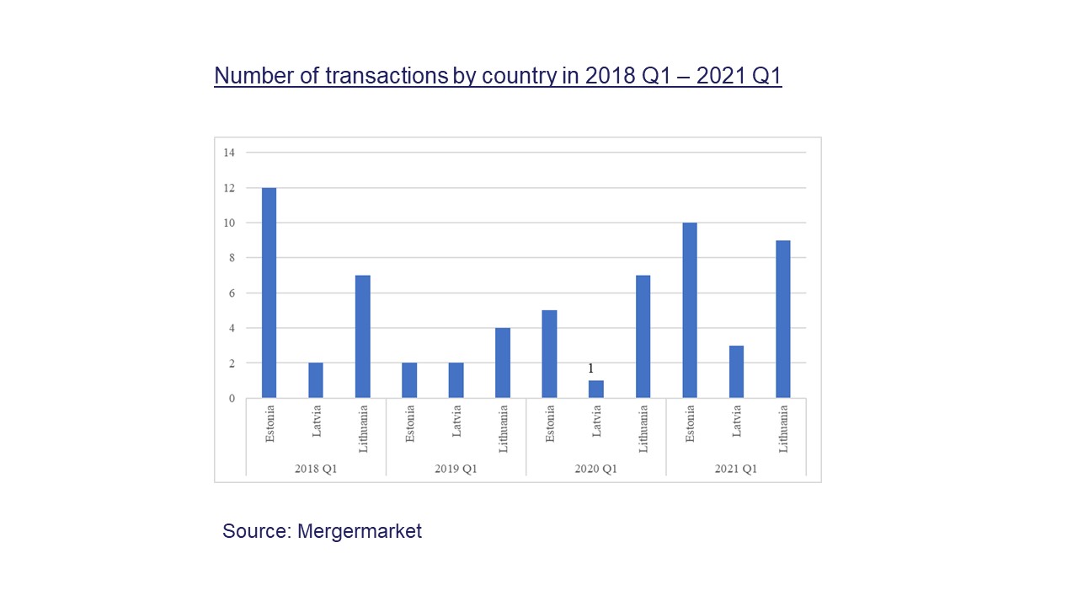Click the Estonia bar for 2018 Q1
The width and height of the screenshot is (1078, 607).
click(269, 293)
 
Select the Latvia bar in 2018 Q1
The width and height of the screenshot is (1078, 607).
click(316, 380)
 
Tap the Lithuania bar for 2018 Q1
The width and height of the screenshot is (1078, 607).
click(363, 336)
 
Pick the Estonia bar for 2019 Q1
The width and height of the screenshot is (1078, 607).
click(409, 380)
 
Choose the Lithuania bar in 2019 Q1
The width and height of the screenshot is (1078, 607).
click(503, 363)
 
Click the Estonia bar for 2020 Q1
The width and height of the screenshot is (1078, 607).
click(549, 354)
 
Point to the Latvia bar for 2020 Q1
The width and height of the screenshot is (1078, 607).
click(596, 389)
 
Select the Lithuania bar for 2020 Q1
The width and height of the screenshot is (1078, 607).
click(643, 336)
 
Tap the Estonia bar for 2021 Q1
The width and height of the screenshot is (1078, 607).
click(690, 310)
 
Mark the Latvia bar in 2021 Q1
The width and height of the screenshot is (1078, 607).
click(737, 372)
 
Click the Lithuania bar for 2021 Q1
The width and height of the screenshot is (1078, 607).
click(783, 319)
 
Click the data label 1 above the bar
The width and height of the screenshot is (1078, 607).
click(591, 368)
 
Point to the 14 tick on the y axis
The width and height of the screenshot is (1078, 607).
click(229, 153)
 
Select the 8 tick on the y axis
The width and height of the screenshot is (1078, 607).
click(229, 258)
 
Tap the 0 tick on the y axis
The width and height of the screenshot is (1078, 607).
click(230, 398)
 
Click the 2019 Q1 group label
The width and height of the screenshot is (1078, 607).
click(456, 469)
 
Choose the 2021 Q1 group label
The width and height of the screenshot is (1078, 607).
click(736, 469)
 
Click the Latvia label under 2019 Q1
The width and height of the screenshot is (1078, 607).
click(456, 421)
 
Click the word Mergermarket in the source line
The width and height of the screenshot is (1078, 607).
click(360, 531)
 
